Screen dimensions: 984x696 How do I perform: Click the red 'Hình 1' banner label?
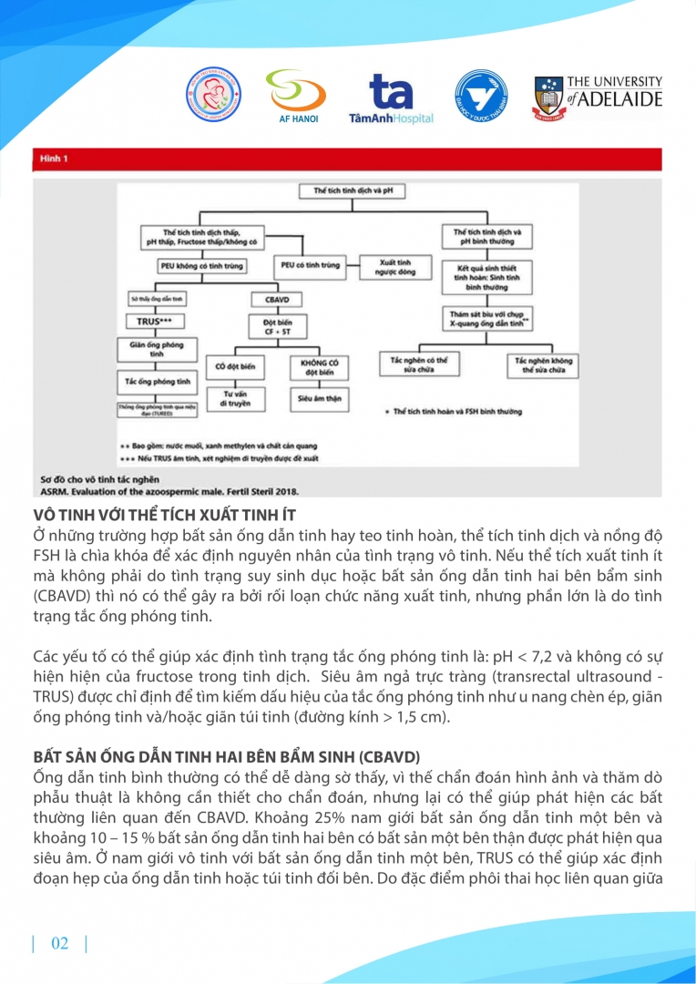point(55,159)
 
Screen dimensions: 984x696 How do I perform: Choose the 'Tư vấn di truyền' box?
point(235,399)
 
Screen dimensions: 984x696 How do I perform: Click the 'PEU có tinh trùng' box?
point(307,266)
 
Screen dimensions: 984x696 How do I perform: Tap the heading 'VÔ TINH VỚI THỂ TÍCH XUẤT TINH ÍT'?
point(164,516)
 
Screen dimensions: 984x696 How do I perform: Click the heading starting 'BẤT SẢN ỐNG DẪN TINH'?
point(211,756)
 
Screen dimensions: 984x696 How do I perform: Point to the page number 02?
point(59,943)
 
